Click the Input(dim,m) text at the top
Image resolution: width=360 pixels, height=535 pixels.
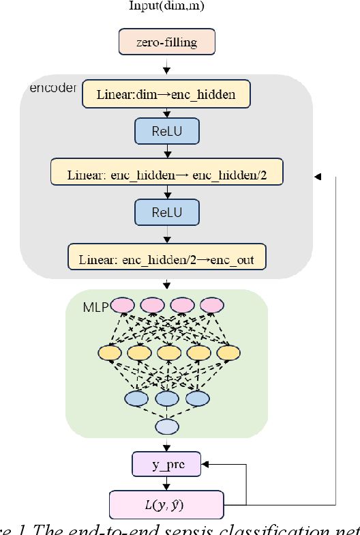point(166,6)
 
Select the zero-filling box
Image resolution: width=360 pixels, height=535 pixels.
point(166,42)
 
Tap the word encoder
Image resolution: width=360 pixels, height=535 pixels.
point(52,89)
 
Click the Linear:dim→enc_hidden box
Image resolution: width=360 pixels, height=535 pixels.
point(166,95)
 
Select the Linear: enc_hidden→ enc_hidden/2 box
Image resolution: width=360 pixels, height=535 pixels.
point(166,174)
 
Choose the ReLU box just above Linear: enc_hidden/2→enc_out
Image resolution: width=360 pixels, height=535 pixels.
point(166,212)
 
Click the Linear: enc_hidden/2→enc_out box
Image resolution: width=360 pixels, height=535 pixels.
point(166,259)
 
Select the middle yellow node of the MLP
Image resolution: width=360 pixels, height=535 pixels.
point(166,353)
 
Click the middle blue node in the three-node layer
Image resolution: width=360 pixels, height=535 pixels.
point(166,397)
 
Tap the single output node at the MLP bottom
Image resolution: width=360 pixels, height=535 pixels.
point(166,427)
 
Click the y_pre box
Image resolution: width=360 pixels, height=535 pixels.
point(166,465)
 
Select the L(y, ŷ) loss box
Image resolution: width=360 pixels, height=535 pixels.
point(166,506)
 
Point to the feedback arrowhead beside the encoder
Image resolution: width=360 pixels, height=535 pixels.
point(317,177)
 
